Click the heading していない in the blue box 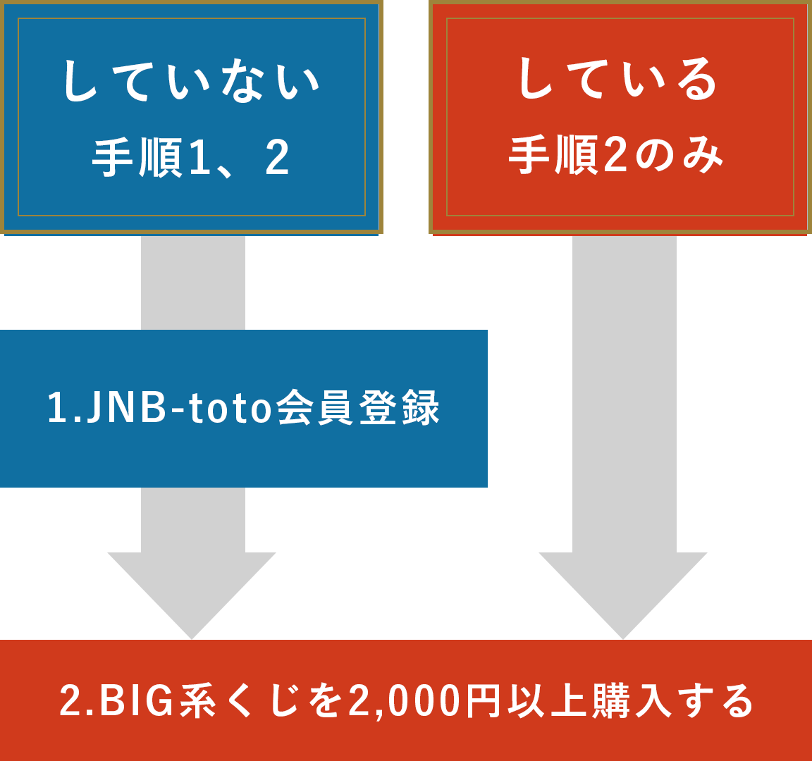[x=191, y=80]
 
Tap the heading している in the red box [x=618, y=79]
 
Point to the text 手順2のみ [x=616, y=156]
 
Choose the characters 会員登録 [x=358, y=408]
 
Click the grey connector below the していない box [x=193, y=283]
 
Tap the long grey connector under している [x=624, y=395]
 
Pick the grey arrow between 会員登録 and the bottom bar [x=192, y=564]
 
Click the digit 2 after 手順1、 [x=277, y=159]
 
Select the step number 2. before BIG [x=77, y=701]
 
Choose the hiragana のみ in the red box [x=679, y=156]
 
